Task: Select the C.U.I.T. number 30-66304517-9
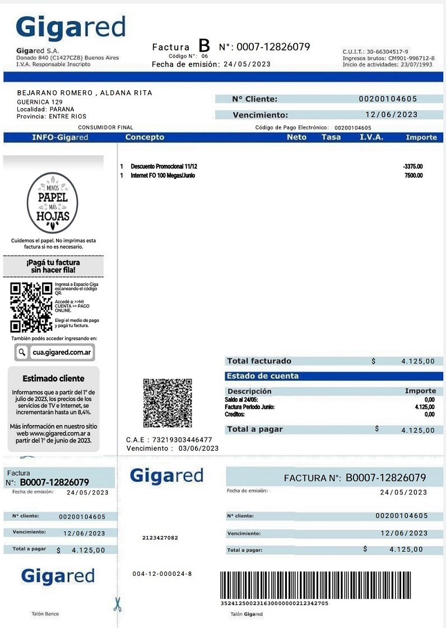click(387, 52)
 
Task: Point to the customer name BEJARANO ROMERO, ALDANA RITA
click(85, 93)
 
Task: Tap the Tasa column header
click(331, 137)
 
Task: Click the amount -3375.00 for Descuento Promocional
click(412, 167)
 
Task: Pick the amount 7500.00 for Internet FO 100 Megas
click(414, 176)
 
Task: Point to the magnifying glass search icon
click(22, 352)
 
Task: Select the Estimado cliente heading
click(53, 378)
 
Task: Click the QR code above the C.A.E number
click(168, 403)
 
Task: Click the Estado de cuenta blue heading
click(263, 376)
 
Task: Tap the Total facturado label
click(259, 361)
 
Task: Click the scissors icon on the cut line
click(117, 604)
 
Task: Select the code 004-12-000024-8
click(162, 574)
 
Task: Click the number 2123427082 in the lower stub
click(160, 538)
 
